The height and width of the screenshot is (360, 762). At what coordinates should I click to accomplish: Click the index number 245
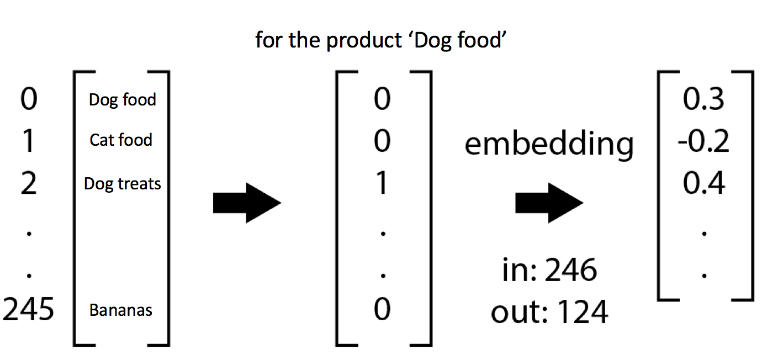pos(29,310)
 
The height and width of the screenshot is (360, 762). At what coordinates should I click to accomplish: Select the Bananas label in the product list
pos(121,310)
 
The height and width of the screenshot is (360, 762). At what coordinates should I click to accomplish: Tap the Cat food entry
pos(121,140)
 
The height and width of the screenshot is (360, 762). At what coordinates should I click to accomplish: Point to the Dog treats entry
pos(122,183)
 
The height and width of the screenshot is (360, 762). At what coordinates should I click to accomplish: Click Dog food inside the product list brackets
pos(122,100)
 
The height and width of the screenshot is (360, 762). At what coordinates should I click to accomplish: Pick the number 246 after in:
pos(571,271)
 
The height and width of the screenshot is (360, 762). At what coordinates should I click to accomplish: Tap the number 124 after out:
pos(582,313)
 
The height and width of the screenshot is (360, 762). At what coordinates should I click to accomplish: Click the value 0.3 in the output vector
pos(703,100)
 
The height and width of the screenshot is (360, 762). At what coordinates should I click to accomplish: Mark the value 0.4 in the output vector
pos(703,183)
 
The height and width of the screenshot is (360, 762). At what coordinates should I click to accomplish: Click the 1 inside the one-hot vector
pos(382,183)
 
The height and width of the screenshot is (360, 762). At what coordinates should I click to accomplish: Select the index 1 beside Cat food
pos(28,141)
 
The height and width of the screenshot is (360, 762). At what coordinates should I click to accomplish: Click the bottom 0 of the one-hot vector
pos(382,310)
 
